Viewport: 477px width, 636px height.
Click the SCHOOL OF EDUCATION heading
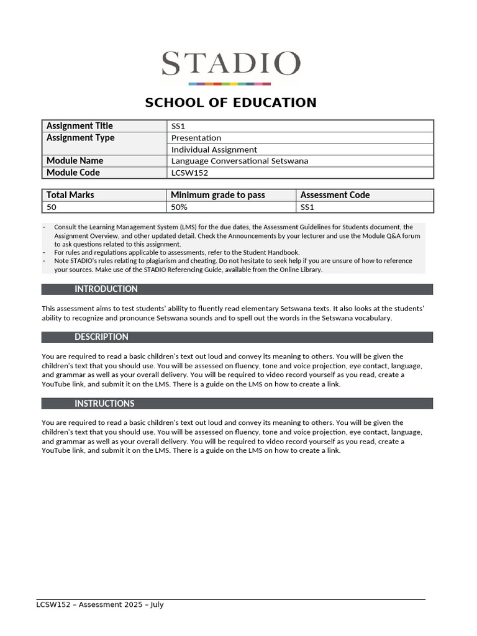point(230,102)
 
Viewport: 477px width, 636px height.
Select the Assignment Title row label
point(79,126)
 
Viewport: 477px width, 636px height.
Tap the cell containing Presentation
point(196,138)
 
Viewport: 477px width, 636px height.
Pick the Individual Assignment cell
point(214,150)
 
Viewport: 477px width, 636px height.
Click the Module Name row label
point(75,161)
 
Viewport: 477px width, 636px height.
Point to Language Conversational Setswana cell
point(240,161)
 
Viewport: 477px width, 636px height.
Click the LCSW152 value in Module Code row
point(189,173)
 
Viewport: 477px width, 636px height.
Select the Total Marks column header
point(70,195)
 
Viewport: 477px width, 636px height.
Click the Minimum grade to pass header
point(218,195)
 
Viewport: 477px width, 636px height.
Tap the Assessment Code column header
point(335,195)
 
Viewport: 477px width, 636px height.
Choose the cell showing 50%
point(179,207)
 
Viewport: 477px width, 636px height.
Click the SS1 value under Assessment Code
point(307,207)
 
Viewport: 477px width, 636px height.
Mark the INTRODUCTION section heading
point(106,289)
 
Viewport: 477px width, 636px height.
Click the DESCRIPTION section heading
point(101,337)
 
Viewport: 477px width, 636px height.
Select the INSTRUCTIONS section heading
point(104,404)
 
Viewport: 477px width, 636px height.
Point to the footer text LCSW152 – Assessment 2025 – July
point(99,604)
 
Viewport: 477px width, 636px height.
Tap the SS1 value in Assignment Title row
point(178,126)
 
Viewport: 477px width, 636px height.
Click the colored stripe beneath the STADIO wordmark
point(230,83)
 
